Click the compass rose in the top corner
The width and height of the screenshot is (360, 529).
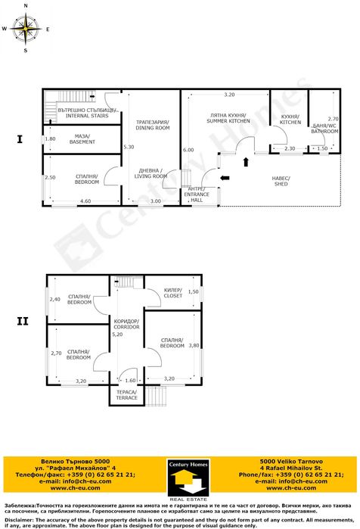pyautogui.click(x=27, y=30)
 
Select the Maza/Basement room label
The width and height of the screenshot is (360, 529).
pyautogui.click(x=82, y=139)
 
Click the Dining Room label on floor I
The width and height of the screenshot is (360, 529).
pyautogui.click(x=152, y=126)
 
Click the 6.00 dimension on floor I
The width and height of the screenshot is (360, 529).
pyautogui.click(x=188, y=151)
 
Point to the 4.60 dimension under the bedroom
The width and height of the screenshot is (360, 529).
pyautogui.click(x=85, y=201)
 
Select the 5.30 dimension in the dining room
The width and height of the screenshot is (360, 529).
pyautogui.click(x=129, y=147)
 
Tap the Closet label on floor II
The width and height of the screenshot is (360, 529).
pyautogui.click(x=172, y=293)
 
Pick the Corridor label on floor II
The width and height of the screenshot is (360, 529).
pyautogui.click(x=126, y=323)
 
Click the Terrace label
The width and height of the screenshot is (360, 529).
pyautogui.click(x=126, y=395)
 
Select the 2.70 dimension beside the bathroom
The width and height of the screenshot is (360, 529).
pyautogui.click(x=333, y=119)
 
